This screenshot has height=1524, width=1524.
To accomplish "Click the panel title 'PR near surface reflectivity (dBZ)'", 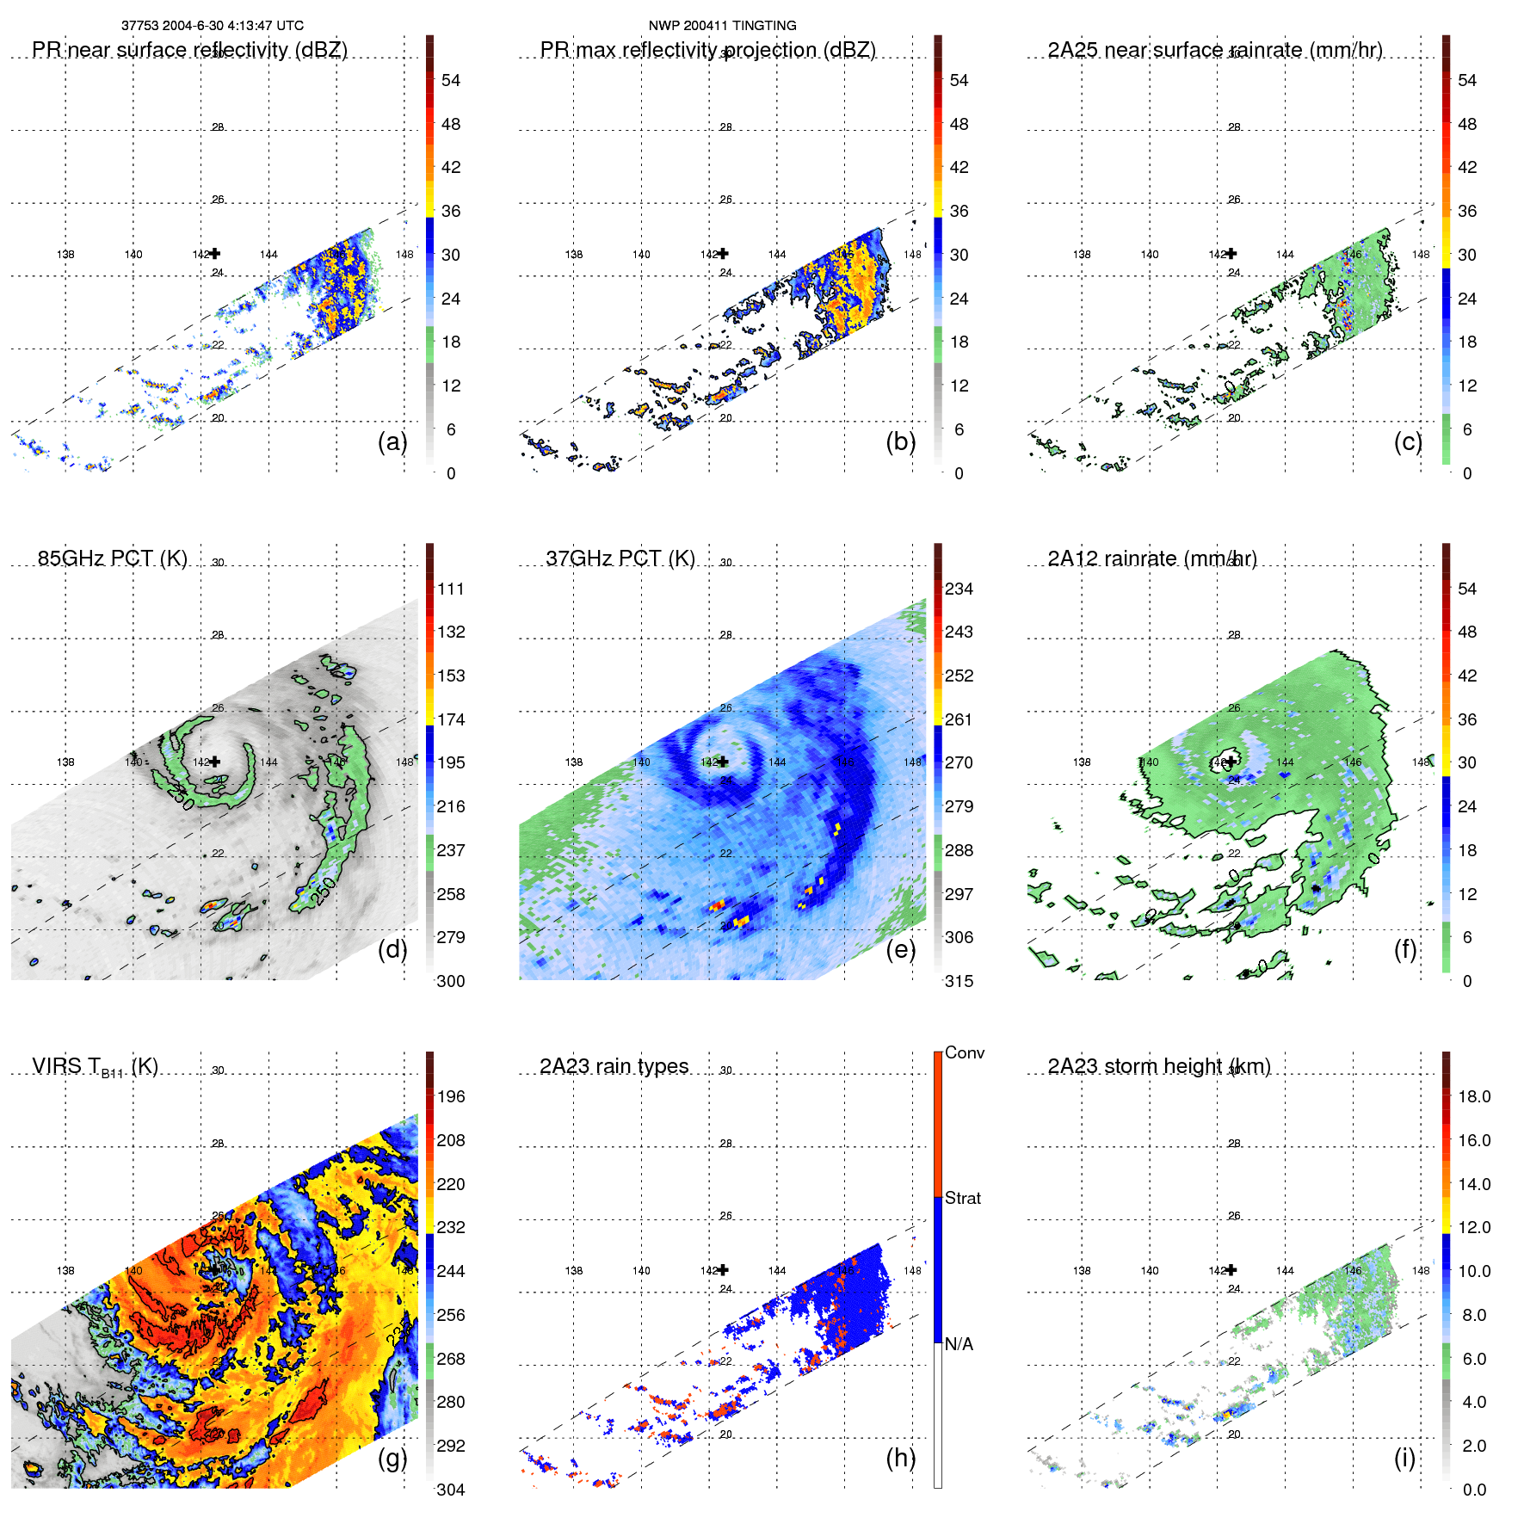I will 189,50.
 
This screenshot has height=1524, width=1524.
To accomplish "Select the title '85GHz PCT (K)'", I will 112,558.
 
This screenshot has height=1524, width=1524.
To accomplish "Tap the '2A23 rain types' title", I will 614,1066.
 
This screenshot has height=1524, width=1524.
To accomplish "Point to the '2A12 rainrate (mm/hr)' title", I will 1151,558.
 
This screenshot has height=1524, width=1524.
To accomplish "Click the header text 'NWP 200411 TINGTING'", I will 722,26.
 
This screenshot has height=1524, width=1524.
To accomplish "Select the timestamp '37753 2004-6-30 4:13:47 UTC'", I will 212,26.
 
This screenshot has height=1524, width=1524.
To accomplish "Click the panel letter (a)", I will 392,441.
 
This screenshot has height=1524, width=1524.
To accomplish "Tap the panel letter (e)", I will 900,949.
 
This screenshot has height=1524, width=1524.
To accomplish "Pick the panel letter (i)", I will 1404,1458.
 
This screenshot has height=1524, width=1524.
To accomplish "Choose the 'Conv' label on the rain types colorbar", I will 964,1052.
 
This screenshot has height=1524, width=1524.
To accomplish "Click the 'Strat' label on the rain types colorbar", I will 962,1198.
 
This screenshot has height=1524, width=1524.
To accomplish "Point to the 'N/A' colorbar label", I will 959,1344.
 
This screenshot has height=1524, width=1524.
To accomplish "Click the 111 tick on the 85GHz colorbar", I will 450,589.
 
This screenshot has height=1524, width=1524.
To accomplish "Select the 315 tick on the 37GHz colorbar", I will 959,981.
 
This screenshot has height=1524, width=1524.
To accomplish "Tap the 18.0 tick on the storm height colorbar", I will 1473,1096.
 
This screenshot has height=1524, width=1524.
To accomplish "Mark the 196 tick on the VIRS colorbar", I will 450,1096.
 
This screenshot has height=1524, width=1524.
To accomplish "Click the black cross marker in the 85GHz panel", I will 215,762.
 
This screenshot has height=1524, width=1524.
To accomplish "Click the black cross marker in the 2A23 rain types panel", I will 723,1269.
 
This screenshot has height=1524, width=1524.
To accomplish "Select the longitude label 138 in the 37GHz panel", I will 573,762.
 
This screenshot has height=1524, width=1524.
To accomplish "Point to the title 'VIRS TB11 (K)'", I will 95,1067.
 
